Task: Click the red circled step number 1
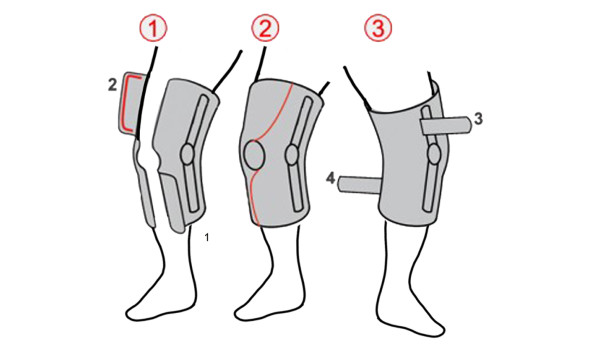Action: click(x=153, y=29)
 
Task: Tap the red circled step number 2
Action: click(x=265, y=29)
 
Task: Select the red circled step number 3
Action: click(x=378, y=29)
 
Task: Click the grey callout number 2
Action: click(x=112, y=85)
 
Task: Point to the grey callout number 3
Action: click(x=479, y=119)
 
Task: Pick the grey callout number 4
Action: click(x=331, y=178)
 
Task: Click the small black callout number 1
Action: click(x=207, y=237)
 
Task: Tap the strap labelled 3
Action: click(x=446, y=126)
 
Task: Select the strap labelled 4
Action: click(x=359, y=184)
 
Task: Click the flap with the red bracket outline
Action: click(x=130, y=103)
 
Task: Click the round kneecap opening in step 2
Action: click(x=254, y=154)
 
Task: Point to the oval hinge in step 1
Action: click(x=188, y=154)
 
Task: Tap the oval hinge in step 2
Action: click(x=292, y=154)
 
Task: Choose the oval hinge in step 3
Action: click(x=434, y=154)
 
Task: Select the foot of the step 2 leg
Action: click(x=268, y=309)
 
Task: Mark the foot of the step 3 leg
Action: click(x=411, y=317)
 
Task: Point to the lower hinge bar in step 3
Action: click(x=430, y=188)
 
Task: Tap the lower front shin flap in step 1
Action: click(x=172, y=201)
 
